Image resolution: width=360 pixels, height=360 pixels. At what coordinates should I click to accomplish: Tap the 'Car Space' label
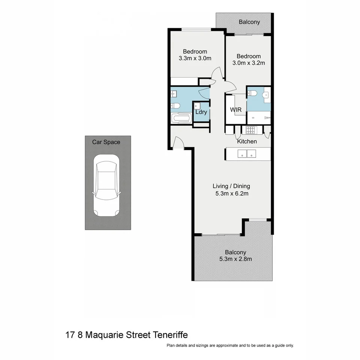[x=106, y=142]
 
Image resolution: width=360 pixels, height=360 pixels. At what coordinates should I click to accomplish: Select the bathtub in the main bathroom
[x=181, y=119]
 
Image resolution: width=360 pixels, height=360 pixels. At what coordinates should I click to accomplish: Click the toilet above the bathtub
[x=175, y=106]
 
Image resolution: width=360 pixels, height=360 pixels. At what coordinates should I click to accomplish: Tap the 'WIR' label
[x=235, y=109]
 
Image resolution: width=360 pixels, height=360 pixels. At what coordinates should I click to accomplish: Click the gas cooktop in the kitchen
[x=250, y=130]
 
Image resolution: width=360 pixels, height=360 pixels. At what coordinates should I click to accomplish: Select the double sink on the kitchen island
[x=247, y=153]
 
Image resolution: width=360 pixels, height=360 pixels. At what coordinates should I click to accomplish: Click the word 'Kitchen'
[x=247, y=141]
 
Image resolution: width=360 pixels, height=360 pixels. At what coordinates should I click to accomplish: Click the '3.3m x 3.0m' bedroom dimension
[x=195, y=58]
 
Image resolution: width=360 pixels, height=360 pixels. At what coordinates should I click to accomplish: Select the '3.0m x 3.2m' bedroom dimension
[x=249, y=63]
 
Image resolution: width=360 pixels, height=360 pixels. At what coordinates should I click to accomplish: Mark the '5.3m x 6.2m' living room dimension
[x=231, y=193]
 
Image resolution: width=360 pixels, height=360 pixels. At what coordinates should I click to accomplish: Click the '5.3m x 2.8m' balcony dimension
[x=235, y=259]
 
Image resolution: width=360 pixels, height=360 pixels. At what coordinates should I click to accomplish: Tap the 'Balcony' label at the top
[x=249, y=22]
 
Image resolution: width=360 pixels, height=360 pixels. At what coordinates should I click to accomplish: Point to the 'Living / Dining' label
[x=231, y=186]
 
